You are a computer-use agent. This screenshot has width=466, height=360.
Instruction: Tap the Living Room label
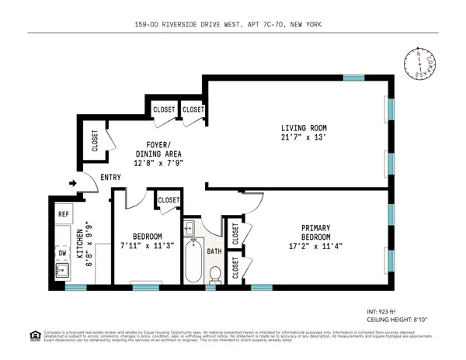304,128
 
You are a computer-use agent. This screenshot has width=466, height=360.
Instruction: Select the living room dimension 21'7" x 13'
304,139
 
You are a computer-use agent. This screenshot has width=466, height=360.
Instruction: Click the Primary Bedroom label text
316,232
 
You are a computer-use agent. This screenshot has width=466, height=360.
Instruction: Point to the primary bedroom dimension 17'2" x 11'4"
316,247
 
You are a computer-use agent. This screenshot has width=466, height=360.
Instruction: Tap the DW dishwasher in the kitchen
63,252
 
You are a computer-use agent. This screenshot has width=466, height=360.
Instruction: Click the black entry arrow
73,184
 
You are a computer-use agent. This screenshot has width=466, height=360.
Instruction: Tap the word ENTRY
110,178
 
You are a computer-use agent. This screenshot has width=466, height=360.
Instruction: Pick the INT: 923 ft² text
381,310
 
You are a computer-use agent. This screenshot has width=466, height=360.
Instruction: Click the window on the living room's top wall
353,78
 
